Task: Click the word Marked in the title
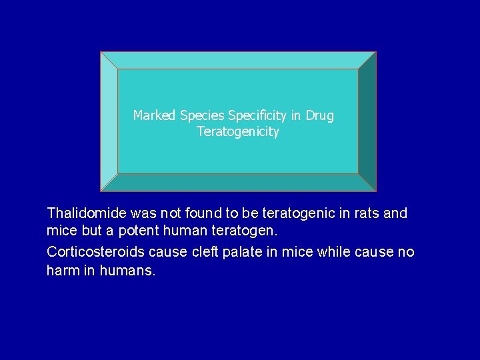click(154, 116)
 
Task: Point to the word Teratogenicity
click(238, 132)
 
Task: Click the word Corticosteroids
click(96, 252)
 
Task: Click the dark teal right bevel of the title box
click(367, 121)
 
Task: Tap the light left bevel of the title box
click(109, 121)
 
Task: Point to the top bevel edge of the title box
click(238, 60)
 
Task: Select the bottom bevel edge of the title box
click(238, 183)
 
